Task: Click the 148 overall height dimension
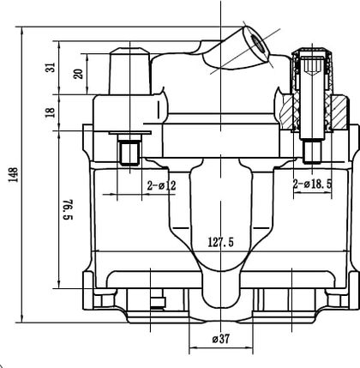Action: pyautogui.click(x=13, y=175)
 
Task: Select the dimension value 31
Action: pyautogui.click(x=51, y=68)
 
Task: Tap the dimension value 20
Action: pyautogui.click(x=78, y=74)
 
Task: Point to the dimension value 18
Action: pyautogui.click(x=50, y=112)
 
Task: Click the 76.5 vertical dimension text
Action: pyautogui.click(x=68, y=209)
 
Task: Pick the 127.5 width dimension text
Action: pyautogui.click(x=220, y=243)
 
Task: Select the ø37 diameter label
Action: pyautogui.click(x=221, y=339)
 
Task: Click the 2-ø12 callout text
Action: pyautogui.click(x=162, y=186)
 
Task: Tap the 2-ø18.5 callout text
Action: pyautogui.click(x=313, y=184)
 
